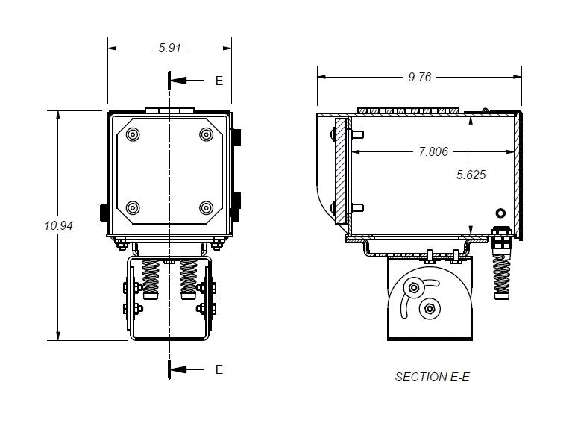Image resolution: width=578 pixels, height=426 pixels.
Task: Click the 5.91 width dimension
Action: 169,48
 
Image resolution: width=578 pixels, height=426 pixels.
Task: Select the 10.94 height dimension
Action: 58,225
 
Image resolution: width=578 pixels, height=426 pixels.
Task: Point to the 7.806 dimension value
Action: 433,151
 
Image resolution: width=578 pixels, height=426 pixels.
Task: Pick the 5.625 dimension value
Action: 471,175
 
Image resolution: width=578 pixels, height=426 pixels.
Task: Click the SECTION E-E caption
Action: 432,377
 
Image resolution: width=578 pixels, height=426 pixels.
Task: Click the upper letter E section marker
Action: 219,81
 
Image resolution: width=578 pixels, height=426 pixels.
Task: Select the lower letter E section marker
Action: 219,369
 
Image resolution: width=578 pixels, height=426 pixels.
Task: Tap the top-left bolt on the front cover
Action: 133,134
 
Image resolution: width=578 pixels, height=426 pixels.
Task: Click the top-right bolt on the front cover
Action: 206,134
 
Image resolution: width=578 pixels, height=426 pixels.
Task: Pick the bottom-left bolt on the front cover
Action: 133,207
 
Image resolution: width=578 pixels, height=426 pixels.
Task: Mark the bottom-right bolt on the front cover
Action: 206,207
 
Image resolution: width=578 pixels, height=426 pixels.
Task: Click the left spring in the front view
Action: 151,276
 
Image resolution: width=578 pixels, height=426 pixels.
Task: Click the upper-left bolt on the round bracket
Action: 412,288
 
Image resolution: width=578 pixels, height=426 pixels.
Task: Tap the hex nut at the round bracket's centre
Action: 429,309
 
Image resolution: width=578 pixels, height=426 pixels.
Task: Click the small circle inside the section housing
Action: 499,213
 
